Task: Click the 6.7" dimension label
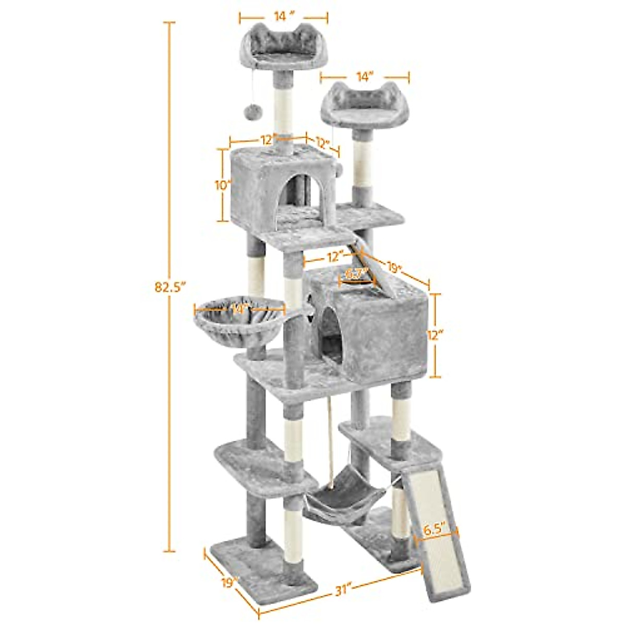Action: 357,273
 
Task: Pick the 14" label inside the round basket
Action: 239,308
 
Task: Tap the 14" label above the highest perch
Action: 283,16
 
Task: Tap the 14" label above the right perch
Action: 364,77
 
